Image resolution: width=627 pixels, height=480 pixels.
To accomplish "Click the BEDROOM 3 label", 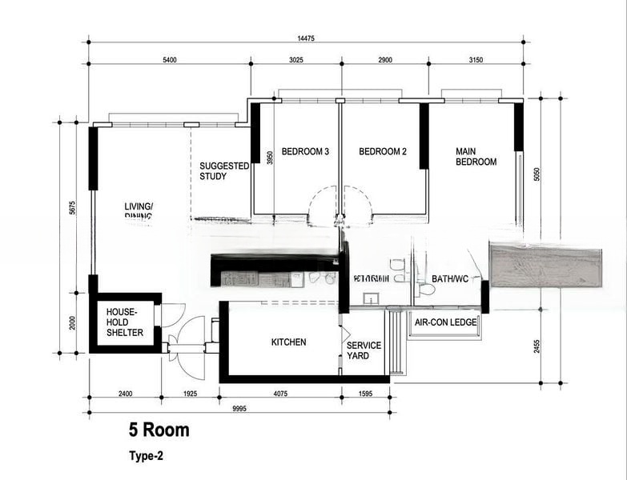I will click(305, 151).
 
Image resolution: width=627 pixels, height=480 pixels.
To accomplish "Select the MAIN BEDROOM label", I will click(476, 156).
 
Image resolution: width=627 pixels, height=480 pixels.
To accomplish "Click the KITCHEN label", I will click(288, 342).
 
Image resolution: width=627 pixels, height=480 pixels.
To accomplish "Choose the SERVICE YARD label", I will click(364, 350).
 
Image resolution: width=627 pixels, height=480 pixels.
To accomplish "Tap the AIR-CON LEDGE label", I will click(445, 322).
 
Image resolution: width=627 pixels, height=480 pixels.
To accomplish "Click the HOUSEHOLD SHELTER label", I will click(125, 322).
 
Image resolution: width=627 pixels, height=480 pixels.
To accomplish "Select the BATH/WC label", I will click(450, 278).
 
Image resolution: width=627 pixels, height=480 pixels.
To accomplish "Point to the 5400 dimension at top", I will click(170, 59).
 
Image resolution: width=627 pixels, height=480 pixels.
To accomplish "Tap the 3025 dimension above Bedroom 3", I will click(295, 59).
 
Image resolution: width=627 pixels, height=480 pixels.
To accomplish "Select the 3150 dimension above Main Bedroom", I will click(476, 59).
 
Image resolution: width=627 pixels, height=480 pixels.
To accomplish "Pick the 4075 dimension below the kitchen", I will click(280, 394).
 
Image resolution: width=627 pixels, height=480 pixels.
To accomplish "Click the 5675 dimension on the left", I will click(71, 207).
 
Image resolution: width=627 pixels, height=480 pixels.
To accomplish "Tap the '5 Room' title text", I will click(159, 430).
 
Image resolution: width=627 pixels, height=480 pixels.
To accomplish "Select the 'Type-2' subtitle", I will click(147, 457).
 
